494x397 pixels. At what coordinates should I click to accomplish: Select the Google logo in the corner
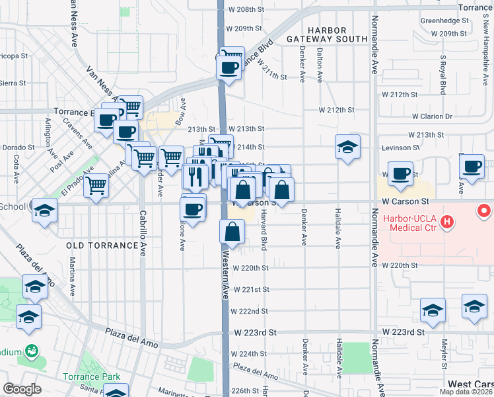click(22, 389)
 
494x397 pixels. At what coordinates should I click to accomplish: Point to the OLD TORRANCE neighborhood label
click(102, 245)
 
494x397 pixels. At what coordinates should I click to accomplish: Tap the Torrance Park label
click(92, 377)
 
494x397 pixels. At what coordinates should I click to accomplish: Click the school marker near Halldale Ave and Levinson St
click(347, 148)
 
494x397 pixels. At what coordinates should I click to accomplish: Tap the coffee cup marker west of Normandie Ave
click(400, 175)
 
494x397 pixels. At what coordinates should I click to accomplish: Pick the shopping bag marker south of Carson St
click(232, 232)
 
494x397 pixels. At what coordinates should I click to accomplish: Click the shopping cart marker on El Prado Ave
click(96, 186)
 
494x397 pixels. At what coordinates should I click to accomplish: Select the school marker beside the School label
click(45, 211)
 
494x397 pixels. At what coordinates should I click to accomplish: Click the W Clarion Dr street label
click(431, 116)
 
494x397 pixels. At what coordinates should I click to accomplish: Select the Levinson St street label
click(400, 148)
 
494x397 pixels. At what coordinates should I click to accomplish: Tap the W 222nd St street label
click(250, 311)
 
